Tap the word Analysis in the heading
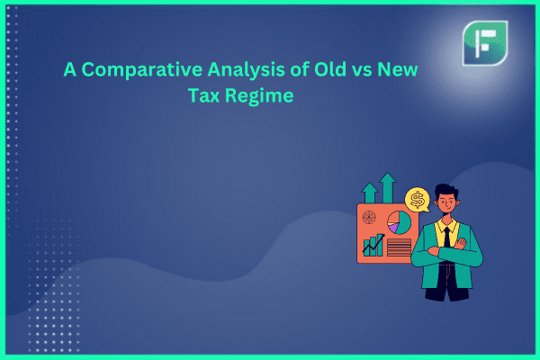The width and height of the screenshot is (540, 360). click(x=246, y=70)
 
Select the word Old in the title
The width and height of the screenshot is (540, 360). click(x=330, y=69)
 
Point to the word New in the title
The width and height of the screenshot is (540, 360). click(x=398, y=69)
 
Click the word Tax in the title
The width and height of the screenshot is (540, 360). click(x=204, y=95)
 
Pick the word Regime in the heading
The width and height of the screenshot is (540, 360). click(x=259, y=96)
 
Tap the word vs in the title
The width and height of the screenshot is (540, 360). click(x=362, y=71)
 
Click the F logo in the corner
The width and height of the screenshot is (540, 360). click(x=485, y=43)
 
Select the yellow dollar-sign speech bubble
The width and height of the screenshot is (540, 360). click(x=418, y=200)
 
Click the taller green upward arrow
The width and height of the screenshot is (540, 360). click(x=388, y=187)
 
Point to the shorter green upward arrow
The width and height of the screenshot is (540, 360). click(x=370, y=193)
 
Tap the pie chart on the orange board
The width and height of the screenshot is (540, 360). click(x=399, y=223)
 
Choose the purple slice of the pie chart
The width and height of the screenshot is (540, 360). click(x=393, y=228)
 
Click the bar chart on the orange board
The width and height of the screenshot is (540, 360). click(x=373, y=245)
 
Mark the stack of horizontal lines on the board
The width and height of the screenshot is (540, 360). click(x=399, y=247)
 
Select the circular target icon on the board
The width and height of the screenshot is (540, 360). click(x=369, y=218)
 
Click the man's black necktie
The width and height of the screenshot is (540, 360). click(x=447, y=237)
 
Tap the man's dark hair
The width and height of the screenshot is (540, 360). click(x=446, y=192)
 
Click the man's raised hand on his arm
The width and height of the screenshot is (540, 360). click(x=461, y=244)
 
